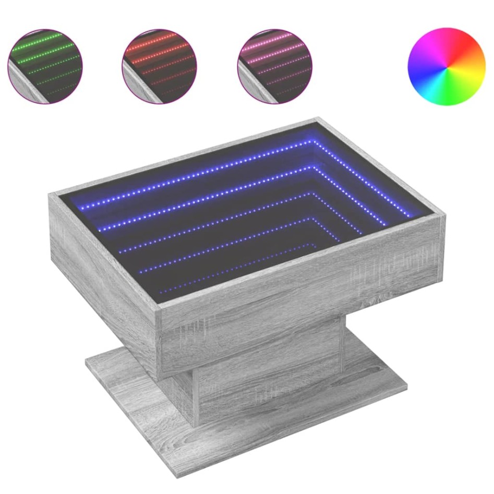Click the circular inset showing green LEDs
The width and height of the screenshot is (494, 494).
[45, 66]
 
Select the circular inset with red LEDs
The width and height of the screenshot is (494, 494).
[159, 66]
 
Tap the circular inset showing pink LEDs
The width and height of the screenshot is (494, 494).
[274, 66]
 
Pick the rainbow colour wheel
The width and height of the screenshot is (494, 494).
[446, 66]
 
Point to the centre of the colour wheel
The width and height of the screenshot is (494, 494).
[446, 66]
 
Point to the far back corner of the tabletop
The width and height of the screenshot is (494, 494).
[317, 119]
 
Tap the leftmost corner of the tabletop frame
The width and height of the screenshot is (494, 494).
[50, 195]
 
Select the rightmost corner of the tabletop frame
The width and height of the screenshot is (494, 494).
[445, 215]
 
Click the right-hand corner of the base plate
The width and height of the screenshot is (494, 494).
[406, 386]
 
